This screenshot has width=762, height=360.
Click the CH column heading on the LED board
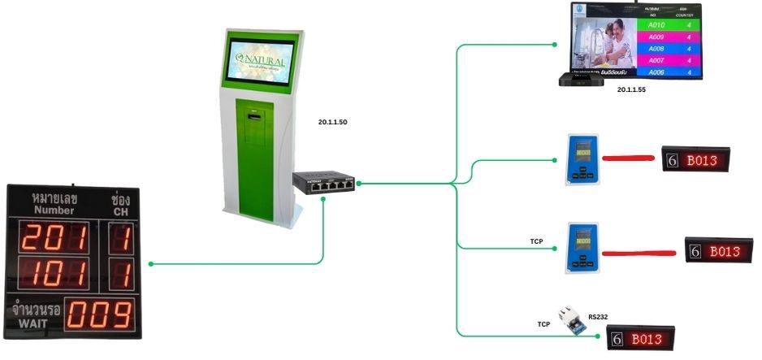(122, 211)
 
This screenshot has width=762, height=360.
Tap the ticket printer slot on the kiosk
(257, 117)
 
